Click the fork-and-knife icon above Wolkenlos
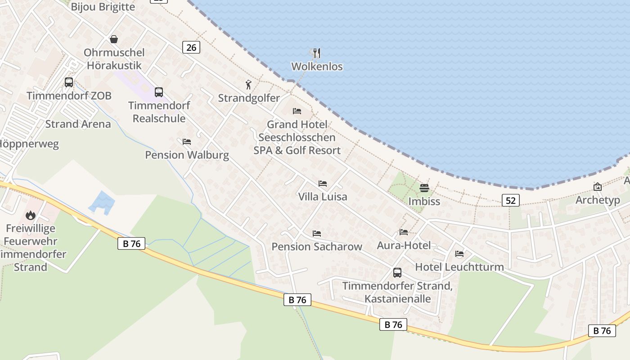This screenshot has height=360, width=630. click(317, 53)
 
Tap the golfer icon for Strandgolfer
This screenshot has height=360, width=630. click(248, 85)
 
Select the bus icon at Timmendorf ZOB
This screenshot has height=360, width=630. click(69, 82)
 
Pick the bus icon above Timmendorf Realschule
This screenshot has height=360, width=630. click(159, 92)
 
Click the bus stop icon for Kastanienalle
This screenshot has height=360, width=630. click(397, 272)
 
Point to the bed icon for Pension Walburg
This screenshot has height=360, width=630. click(187, 142)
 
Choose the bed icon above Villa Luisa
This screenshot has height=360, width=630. click(323, 184)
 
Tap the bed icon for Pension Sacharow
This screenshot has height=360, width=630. click(317, 234)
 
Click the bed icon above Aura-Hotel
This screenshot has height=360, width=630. click(404, 232)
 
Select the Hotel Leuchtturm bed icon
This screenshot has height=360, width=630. click(459, 254)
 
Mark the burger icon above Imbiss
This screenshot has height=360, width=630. click(424, 188)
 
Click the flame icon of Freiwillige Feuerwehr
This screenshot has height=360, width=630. click(31, 215)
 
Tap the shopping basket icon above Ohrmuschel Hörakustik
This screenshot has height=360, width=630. click(114, 40)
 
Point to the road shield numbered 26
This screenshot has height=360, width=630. click(191, 47)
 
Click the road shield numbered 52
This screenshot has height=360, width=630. click(511, 200)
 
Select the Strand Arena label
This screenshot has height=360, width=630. click(78, 124)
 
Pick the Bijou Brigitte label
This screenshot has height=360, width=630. click(103, 7)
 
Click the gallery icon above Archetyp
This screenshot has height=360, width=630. click(598, 187)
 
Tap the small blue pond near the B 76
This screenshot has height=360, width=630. click(102, 202)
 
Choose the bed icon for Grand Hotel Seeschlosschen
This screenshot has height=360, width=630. click(297, 111)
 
